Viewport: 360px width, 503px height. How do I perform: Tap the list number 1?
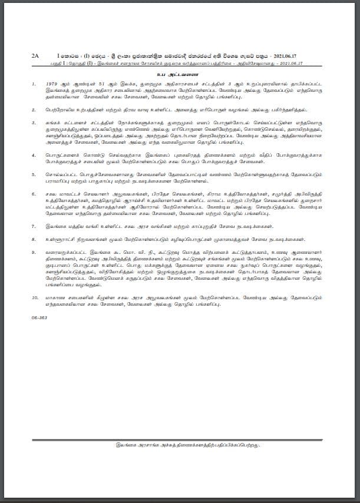coord(34,84)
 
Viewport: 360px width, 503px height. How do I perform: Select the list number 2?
coord(34,110)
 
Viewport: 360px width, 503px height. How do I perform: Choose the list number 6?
coord(34,192)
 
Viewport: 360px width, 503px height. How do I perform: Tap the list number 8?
coord(34,237)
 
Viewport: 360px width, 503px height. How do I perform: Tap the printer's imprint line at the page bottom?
coord(180,445)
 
